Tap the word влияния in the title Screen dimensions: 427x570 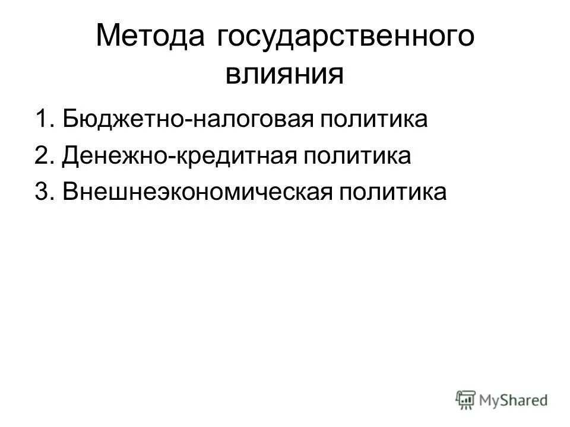tap(284, 75)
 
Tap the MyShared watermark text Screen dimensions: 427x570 tap(514, 400)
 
